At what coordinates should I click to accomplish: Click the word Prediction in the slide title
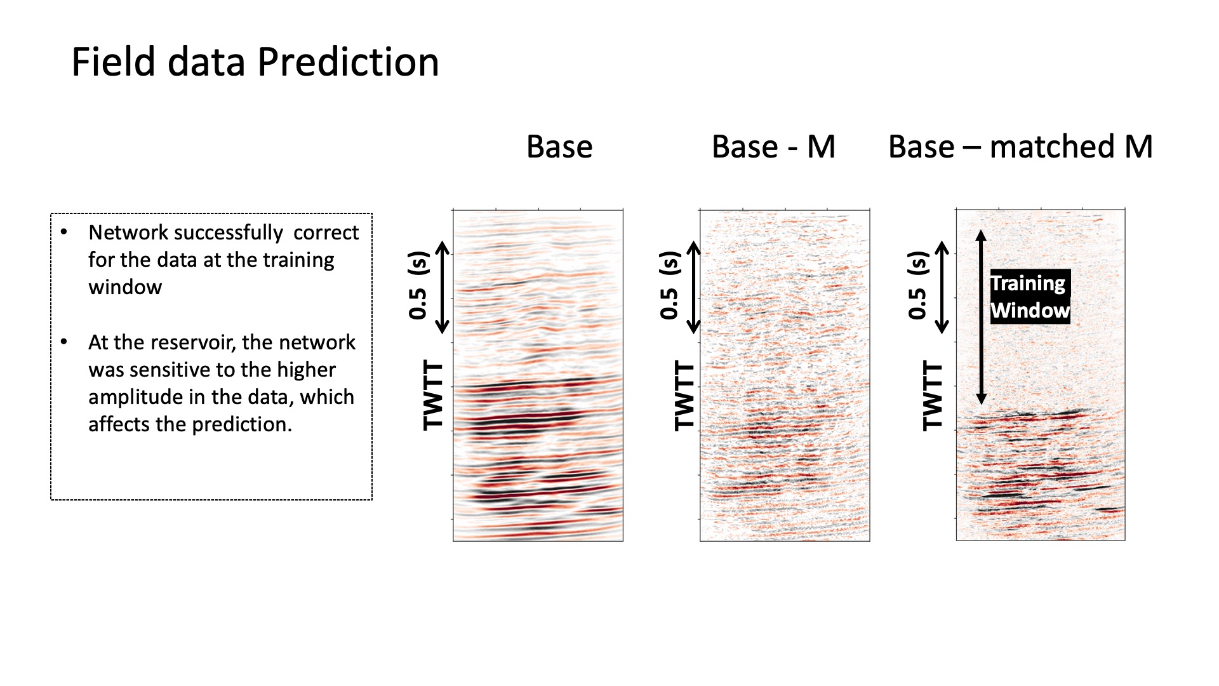pyautogui.click(x=348, y=62)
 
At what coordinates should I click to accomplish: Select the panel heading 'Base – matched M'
pyautogui.click(x=1020, y=147)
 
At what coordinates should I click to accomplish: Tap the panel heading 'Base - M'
pyautogui.click(x=773, y=147)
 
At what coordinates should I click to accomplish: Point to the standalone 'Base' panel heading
pyautogui.click(x=559, y=147)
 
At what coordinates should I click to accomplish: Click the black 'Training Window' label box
pyautogui.click(x=1030, y=297)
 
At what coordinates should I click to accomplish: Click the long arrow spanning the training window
pyautogui.click(x=981, y=317)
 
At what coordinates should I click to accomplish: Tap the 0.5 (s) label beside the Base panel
pyautogui.click(x=418, y=286)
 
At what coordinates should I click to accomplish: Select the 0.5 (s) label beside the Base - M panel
pyautogui.click(x=669, y=286)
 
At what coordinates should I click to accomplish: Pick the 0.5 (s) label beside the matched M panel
pyautogui.click(x=917, y=286)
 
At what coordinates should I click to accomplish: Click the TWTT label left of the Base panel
pyautogui.click(x=432, y=396)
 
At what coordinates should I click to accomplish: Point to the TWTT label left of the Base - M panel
pyautogui.click(x=684, y=396)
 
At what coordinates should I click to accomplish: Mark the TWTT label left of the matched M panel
pyautogui.click(x=932, y=396)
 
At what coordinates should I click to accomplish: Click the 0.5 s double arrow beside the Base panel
pyautogui.click(x=443, y=288)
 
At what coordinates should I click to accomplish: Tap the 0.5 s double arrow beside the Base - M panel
pyautogui.click(x=694, y=288)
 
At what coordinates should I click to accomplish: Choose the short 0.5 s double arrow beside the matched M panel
pyautogui.click(x=943, y=288)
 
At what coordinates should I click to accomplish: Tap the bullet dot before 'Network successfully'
pyautogui.click(x=63, y=232)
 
